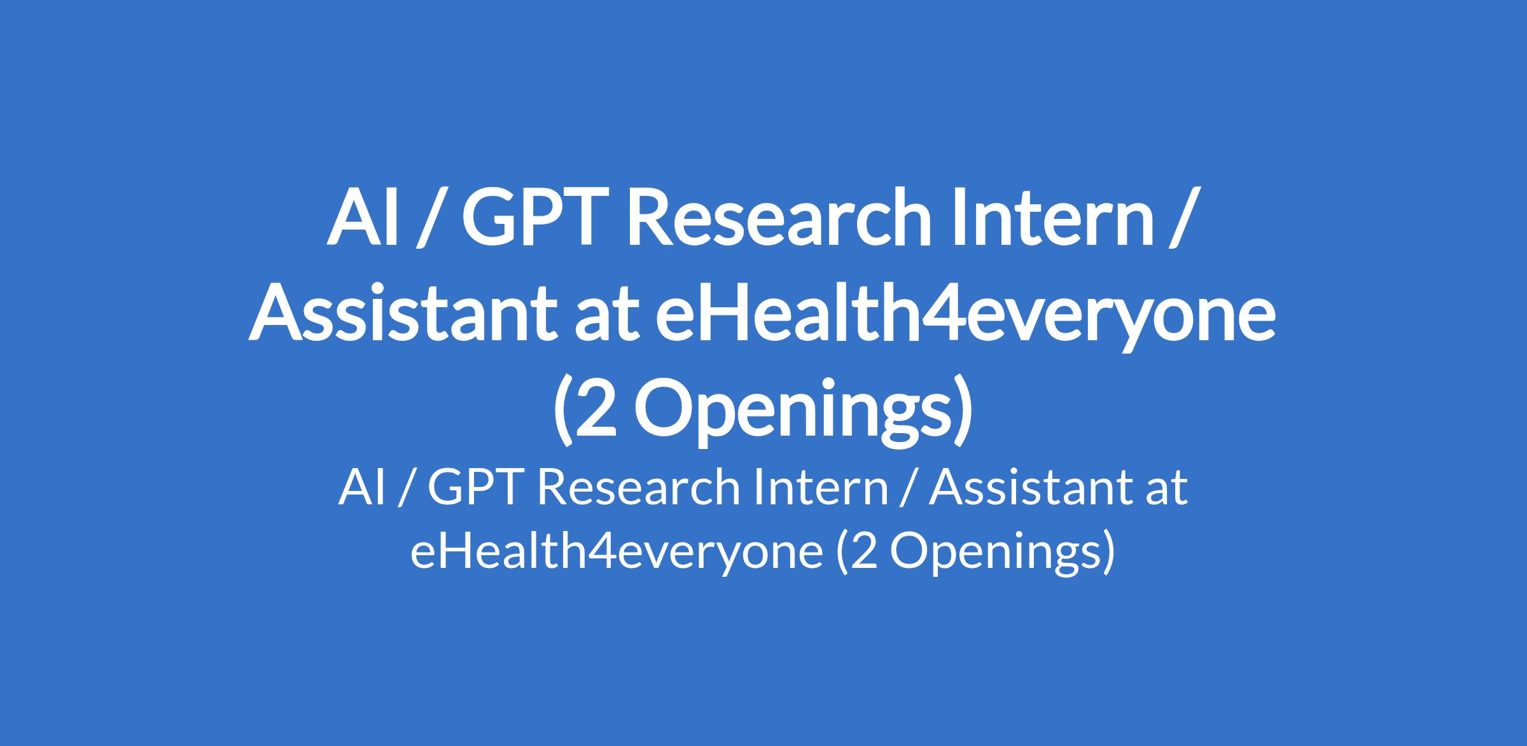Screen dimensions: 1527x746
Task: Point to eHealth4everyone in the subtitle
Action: click(x=617, y=550)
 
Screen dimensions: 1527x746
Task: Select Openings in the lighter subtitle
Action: click(x=994, y=552)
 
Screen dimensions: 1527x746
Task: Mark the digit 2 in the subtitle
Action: click(x=863, y=551)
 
